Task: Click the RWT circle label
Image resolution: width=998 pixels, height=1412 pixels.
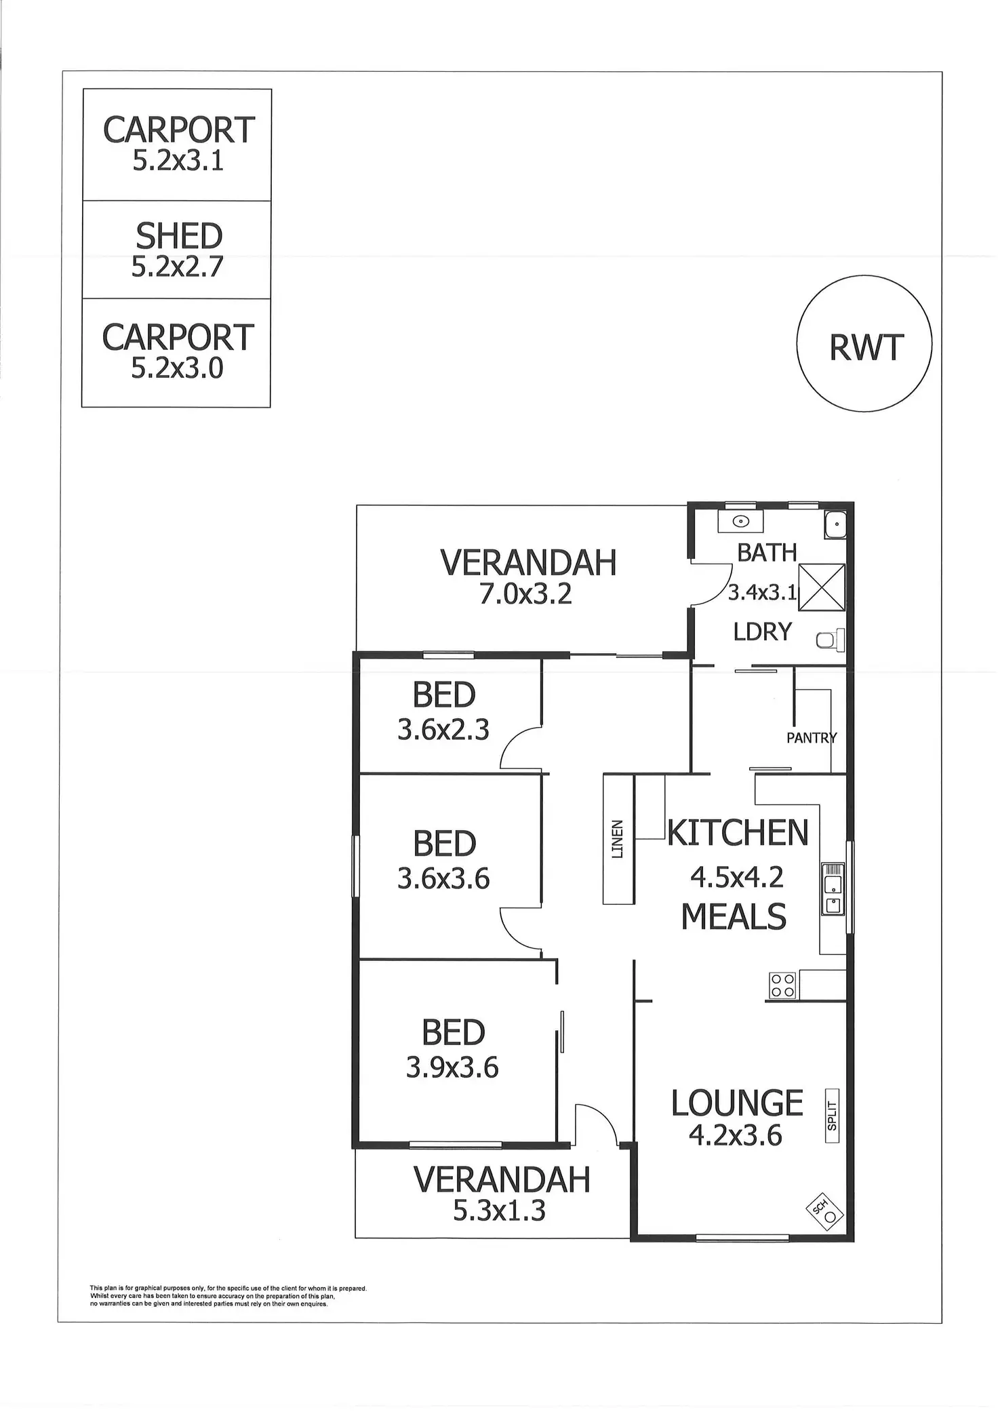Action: tap(866, 348)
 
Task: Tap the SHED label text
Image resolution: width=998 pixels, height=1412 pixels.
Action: tap(179, 236)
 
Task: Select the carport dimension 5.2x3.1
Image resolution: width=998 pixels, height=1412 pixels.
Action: tap(178, 161)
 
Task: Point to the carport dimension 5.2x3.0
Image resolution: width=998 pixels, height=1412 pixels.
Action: tap(177, 368)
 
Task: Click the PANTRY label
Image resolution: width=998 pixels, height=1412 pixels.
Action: tap(811, 738)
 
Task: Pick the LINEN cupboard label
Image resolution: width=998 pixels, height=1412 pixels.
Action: tap(617, 840)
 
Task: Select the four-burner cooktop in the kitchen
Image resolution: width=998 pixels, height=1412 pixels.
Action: tap(782, 985)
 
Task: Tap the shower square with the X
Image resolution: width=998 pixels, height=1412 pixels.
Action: tap(822, 588)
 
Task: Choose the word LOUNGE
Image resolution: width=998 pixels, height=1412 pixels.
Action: tap(737, 1103)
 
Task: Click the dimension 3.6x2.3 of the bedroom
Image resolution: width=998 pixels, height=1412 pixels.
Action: tap(443, 730)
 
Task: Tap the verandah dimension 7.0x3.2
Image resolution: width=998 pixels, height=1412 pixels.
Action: tap(526, 594)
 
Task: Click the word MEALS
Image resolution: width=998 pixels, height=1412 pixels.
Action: tap(734, 917)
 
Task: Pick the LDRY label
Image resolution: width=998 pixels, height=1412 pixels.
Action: tap(763, 632)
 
